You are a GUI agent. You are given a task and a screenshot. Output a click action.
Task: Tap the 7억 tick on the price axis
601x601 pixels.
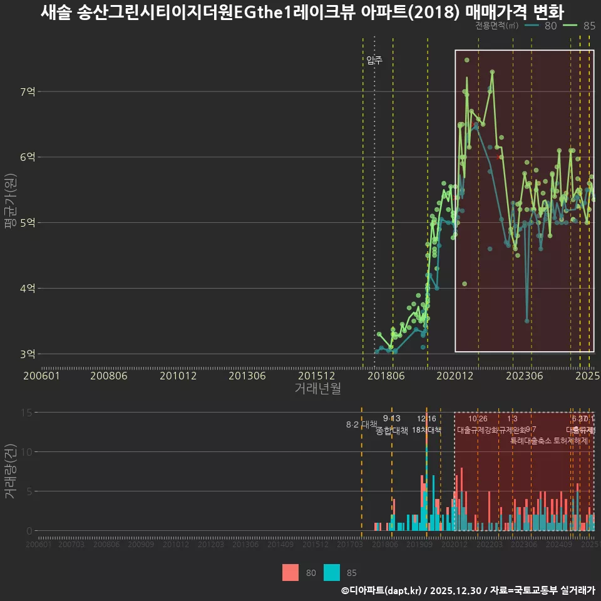pyautogui.click(x=28, y=92)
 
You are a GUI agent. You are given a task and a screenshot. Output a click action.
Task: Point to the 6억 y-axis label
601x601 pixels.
pyautogui.click(x=28, y=157)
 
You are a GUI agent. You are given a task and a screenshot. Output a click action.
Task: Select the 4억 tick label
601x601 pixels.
pyautogui.click(x=28, y=289)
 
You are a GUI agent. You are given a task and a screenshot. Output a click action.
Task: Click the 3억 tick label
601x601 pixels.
pyautogui.click(x=28, y=354)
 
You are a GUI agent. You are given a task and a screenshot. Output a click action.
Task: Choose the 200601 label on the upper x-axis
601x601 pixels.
pyautogui.click(x=41, y=376)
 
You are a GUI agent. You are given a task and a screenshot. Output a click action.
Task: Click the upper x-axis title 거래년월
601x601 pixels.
pyautogui.click(x=317, y=389)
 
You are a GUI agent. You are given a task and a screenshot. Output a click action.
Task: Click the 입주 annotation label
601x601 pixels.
pyautogui.click(x=374, y=61)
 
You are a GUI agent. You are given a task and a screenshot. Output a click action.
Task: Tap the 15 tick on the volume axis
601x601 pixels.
pyautogui.click(x=27, y=413)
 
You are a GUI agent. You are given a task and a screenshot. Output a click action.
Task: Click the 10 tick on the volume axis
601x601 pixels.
pyautogui.click(x=27, y=452)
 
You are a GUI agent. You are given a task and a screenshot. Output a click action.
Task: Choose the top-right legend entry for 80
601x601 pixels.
pyautogui.click(x=541, y=26)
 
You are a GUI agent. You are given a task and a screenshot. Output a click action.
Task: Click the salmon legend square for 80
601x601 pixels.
pyautogui.click(x=290, y=572)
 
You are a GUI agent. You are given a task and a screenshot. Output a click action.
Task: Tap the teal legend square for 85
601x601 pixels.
pyautogui.click(x=332, y=572)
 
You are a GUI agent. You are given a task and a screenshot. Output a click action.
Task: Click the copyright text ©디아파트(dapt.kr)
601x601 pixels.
pyautogui.click(x=382, y=590)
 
